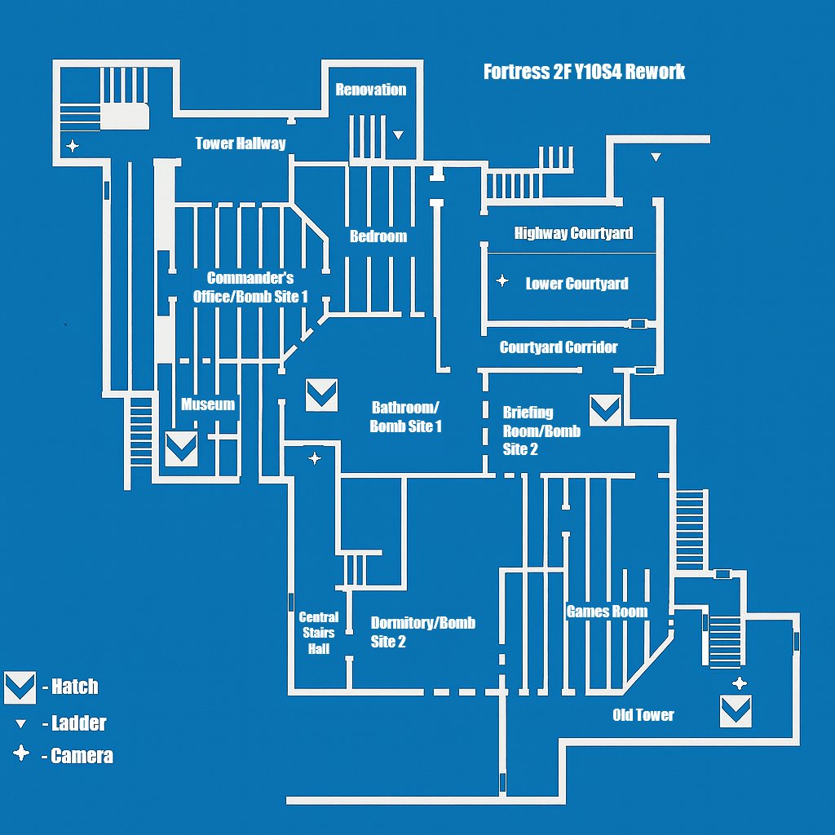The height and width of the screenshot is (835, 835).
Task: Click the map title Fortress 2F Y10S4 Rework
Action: click(x=584, y=72)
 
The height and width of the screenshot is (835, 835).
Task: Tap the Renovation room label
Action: click(x=370, y=90)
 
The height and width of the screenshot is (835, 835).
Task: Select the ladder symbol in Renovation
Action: click(x=398, y=135)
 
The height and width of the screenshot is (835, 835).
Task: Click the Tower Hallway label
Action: click(x=241, y=144)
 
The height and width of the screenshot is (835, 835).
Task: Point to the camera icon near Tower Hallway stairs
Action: click(x=73, y=146)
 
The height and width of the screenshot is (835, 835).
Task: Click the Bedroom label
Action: click(x=378, y=236)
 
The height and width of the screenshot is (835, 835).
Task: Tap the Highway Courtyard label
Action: click(x=573, y=233)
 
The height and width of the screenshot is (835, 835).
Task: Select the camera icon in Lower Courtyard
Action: click(x=502, y=281)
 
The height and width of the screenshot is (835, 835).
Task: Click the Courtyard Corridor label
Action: click(x=559, y=347)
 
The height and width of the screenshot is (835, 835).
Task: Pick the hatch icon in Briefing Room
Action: click(x=605, y=409)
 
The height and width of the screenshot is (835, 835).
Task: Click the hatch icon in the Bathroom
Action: click(x=321, y=395)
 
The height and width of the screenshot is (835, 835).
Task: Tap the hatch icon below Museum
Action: click(x=181, y=448)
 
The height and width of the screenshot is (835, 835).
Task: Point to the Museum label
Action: click(x=208, y=404)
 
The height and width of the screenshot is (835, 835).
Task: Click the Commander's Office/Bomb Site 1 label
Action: click(x=250, y=288)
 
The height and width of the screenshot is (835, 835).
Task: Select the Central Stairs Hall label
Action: click(x=319, y=633)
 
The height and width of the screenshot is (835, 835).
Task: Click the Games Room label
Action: click(x=607, y=612)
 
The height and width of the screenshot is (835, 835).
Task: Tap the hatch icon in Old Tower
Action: click(x=736, y=711)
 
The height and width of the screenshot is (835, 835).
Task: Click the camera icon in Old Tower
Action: click(x=739, y=683)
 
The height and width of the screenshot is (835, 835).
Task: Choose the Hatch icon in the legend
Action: click(x=20, y=687)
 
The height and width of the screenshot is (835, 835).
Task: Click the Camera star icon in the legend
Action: click(x=21, y=754)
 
